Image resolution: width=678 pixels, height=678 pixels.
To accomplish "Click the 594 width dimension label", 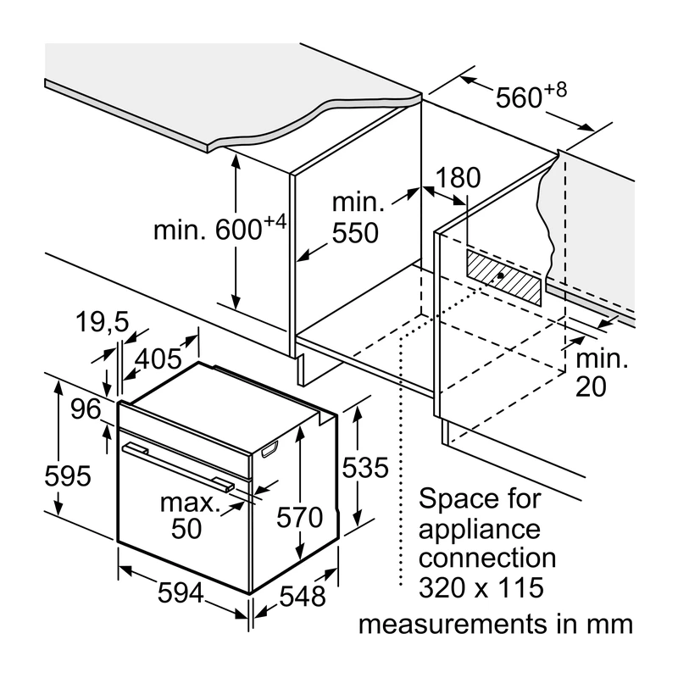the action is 181,592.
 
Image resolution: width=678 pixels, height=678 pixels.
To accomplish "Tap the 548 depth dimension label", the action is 303,597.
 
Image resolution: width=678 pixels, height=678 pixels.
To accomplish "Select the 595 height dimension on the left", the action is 68,475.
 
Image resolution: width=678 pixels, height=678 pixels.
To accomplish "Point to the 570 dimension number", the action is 300,517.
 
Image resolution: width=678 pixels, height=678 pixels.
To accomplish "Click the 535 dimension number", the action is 365,468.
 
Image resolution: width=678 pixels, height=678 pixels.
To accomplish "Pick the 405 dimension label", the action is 158,358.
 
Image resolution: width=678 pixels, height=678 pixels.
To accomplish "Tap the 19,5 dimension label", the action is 103,322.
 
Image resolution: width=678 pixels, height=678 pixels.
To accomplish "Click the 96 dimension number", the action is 86,408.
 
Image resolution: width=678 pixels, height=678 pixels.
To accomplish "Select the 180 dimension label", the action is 458,177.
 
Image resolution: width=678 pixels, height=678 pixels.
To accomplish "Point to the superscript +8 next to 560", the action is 555,91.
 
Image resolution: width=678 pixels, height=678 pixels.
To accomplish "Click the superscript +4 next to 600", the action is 275,222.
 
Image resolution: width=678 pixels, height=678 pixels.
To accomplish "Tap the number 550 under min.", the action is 355,232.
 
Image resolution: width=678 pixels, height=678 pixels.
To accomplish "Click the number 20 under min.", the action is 591,386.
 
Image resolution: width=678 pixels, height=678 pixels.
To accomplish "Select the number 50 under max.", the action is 186,528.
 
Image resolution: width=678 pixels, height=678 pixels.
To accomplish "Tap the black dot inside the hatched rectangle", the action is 500,275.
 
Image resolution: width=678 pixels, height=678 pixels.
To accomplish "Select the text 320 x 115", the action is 481,587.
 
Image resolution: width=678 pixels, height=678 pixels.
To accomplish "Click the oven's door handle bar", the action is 178,467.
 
